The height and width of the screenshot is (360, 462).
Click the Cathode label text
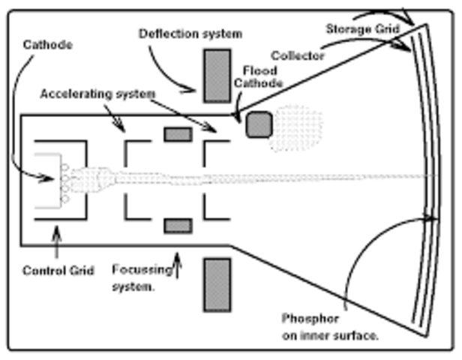(x=48, y=45)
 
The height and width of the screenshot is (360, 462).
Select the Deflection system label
(x=190, y=34)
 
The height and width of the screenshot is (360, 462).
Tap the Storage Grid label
(x=363, y=29)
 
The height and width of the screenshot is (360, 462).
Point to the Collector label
(x=297, y=55)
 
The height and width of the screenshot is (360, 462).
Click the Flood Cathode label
(x=259, y=77)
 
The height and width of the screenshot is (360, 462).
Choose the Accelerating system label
(x=97, y=94)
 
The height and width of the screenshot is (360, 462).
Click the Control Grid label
(x=58, y=271)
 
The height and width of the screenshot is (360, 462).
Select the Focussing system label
(x=142, y=277)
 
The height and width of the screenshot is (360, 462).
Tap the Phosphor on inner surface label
(x=330, y=327)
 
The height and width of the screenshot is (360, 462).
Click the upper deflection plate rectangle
(x=217, y=76)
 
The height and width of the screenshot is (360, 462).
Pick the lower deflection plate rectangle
(x=217, y=285)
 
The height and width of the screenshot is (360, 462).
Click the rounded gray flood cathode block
(x=259, y=124)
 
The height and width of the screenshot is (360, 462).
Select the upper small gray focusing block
(x=178, y=134)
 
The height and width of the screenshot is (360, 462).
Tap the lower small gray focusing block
(x=178, y=226)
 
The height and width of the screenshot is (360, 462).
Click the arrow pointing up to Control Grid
(x=56, y=241)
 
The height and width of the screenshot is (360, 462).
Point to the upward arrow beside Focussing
(x=177, y=265)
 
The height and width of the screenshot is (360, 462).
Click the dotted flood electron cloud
(x=297, y=128)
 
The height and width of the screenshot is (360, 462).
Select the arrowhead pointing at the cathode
(x=47, y=178)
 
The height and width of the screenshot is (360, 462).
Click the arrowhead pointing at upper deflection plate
(x=188, y=90)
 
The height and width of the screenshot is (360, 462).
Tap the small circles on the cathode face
(x=64, y=183)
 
